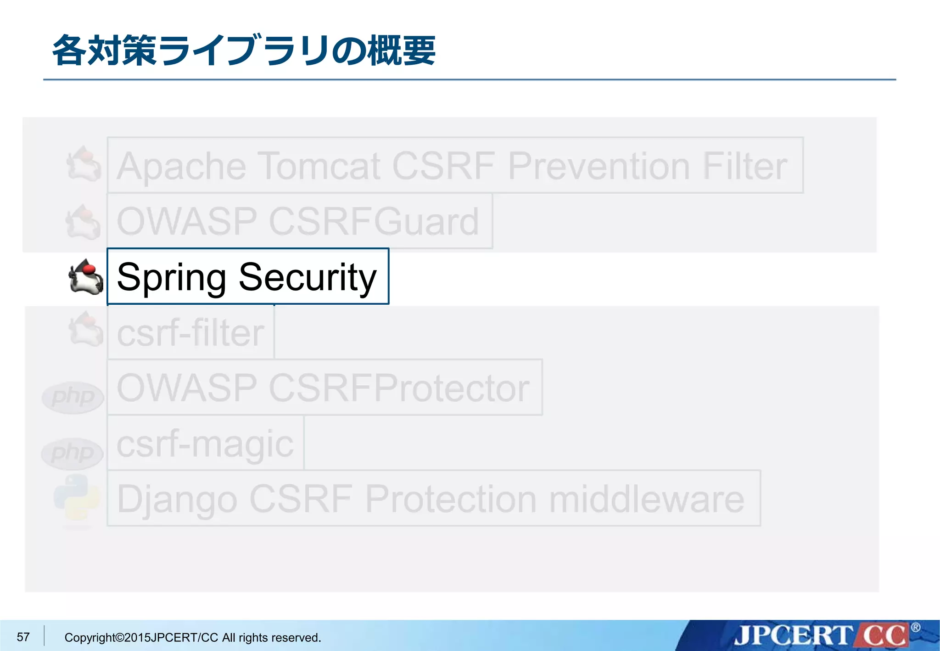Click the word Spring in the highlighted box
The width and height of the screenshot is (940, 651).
tap(171, 278)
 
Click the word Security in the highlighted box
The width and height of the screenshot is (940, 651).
tap(307, 277)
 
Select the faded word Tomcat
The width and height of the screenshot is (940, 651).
tap(319, 166)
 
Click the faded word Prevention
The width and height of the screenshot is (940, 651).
tap(599, 166)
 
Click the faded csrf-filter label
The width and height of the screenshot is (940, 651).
tap(190, 333)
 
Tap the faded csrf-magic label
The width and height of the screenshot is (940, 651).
tap(205, 444)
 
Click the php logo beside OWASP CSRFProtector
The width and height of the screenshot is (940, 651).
tap(73, 397)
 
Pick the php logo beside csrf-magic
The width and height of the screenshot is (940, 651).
tap(72, 454)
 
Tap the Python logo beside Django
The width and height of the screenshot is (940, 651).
tap(77, 498)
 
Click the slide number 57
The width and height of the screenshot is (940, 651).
tap(23, 637)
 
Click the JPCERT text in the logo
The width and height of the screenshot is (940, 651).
tap(792, 636)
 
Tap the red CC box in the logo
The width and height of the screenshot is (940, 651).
tap(883, 636)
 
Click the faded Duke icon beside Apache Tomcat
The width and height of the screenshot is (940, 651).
tap(84, 164)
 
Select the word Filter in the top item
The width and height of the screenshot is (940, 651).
tap(744, 166)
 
